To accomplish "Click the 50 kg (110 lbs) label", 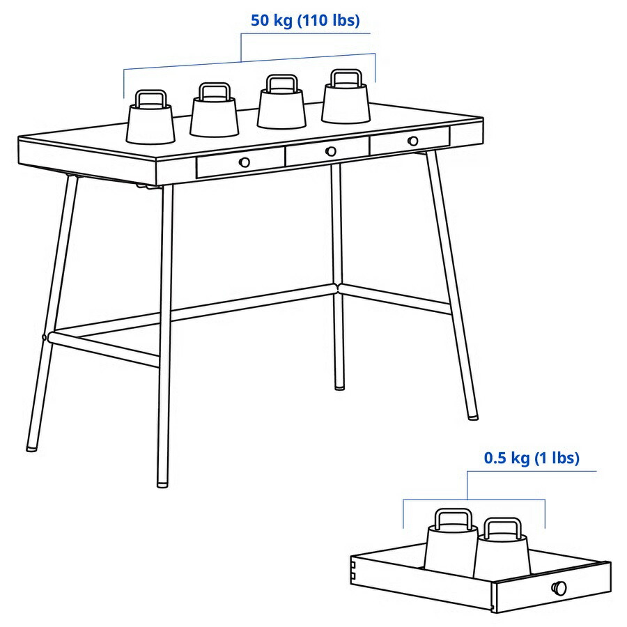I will (x=305, y=21).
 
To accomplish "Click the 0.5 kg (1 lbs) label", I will (x=532, y=458).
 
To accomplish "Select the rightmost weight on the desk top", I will (x=344, y=103).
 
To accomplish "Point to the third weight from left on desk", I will (x=281, y=110).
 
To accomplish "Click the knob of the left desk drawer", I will (x=244, y=162).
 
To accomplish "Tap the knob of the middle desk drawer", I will (x=330, y=151).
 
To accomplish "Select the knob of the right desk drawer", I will (x=413, y=141).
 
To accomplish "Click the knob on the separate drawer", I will (x=560, y=588).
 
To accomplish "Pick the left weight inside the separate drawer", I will (x=449, y=550).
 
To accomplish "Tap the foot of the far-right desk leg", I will (x=472, y=416).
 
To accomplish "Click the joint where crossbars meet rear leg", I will (x=339, y=286).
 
